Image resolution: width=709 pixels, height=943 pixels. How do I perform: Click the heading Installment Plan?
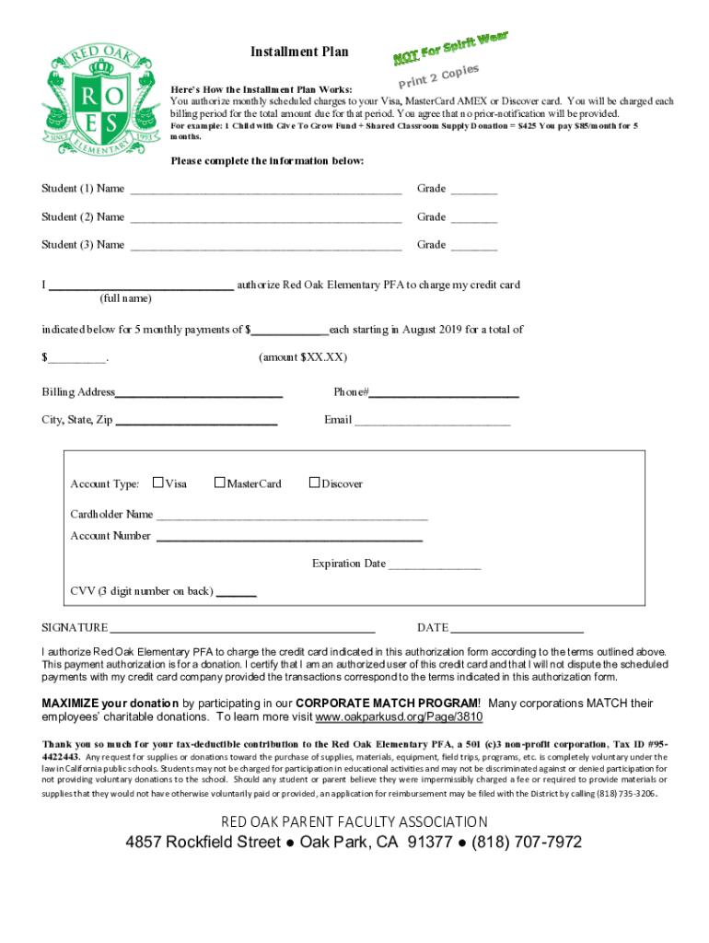[299, 52]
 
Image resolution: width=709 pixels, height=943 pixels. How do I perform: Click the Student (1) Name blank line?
[266, 194]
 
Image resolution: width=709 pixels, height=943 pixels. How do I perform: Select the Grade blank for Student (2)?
[474, 223]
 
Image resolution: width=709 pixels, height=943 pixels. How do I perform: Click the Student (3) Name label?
[83, 245]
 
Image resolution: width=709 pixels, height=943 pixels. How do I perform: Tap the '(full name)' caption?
[125, 298]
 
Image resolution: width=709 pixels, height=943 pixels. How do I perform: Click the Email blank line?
[433, 425]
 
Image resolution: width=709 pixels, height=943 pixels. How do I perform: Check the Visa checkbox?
[158, 482]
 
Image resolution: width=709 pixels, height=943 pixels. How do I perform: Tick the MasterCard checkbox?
[219, 482]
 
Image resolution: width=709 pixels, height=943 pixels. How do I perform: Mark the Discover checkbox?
[314, 482]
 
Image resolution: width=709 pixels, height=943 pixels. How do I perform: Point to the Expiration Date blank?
[434, 568]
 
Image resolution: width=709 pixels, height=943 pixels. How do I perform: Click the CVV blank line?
[237, 596]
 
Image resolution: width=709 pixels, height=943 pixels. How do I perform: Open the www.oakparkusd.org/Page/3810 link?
[399, 716]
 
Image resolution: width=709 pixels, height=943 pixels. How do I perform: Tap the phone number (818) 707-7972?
[526, 843]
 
